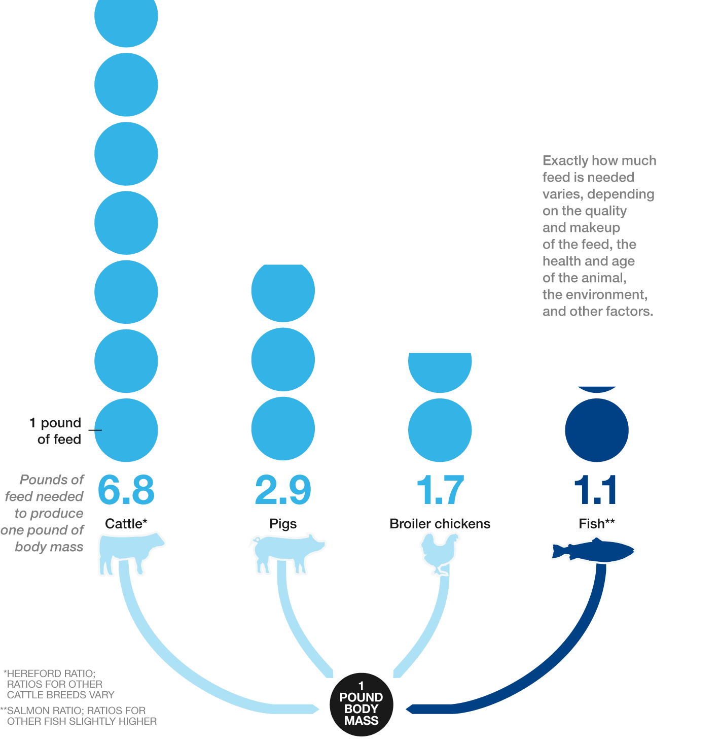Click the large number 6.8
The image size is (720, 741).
pyautogui.click(x=126, y=489)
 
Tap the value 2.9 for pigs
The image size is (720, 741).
pyautogui.click(x=283, y=489)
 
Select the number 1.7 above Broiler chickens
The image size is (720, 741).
pyautogui.click(x=440, y=489)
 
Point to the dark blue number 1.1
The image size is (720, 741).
pyautogui.click(x=595, y=489)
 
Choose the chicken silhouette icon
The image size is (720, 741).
pyautogui.click(x=440, y=553)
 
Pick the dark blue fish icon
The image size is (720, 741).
pyautogui.click(x=593, y=550)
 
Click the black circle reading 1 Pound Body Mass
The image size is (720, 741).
pyautogui.click(x=362, y=704)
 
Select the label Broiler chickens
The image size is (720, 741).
pyautogui.click(x=440, y=524)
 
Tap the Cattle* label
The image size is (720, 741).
pyautogui.click(x=126, y=524)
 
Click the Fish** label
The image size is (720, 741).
pyautogui.click(x=597, y=524)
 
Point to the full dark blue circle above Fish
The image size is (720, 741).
pyautogui.click(x=597, y=430)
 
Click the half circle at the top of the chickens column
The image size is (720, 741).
pyautogui.click(x=440, y=372)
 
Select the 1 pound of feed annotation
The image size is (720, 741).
pyautogui.click(x=56, y=431)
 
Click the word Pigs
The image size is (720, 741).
pyautogui.click(x=283, y=524)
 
